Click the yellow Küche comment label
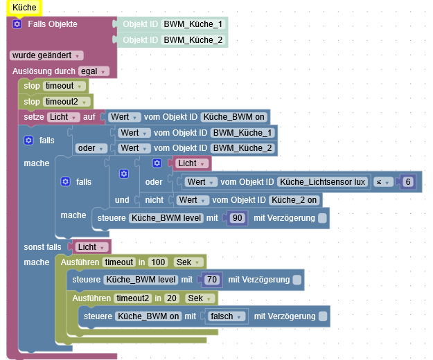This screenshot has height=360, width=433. coord(23,7)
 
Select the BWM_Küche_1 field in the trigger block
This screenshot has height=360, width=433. coord(193,24)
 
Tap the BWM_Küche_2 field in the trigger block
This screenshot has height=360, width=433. coord(193,40)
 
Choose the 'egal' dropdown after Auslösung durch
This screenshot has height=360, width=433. coord(94,71)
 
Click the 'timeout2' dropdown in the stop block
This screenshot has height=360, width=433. coord(67,101)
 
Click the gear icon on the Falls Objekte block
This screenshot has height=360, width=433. coord(17,24)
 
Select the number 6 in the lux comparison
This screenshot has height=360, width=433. coord(409,181)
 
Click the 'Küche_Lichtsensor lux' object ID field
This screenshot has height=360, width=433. coord(322,181)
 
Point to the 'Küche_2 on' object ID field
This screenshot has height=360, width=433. coord(294,200)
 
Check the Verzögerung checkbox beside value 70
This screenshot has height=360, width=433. coord(297,280)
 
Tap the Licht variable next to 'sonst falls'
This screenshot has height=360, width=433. coord(89,246)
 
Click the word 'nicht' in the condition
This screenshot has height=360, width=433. coord(154,200)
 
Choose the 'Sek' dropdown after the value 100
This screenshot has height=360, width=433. coord(188,262)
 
